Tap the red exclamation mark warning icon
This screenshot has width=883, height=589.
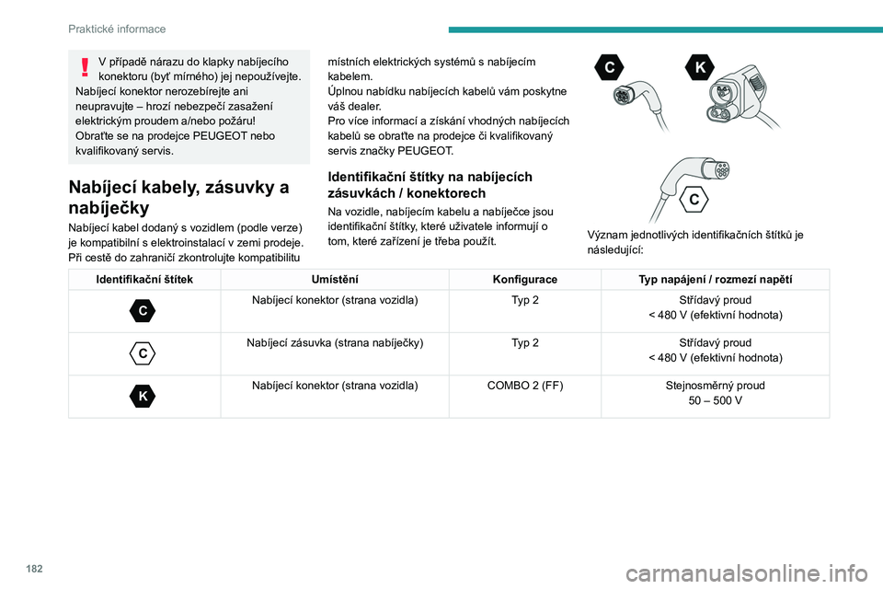[85, 66]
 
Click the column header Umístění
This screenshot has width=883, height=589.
[335, 279]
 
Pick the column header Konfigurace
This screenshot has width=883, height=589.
[524, 279]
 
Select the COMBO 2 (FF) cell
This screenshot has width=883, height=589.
[524, 386]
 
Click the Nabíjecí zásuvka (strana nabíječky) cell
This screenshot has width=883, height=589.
[335, 343]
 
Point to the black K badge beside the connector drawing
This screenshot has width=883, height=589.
[700, 68]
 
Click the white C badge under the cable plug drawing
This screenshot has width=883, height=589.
[693, 199]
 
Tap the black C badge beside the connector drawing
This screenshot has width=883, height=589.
[609, 68]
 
